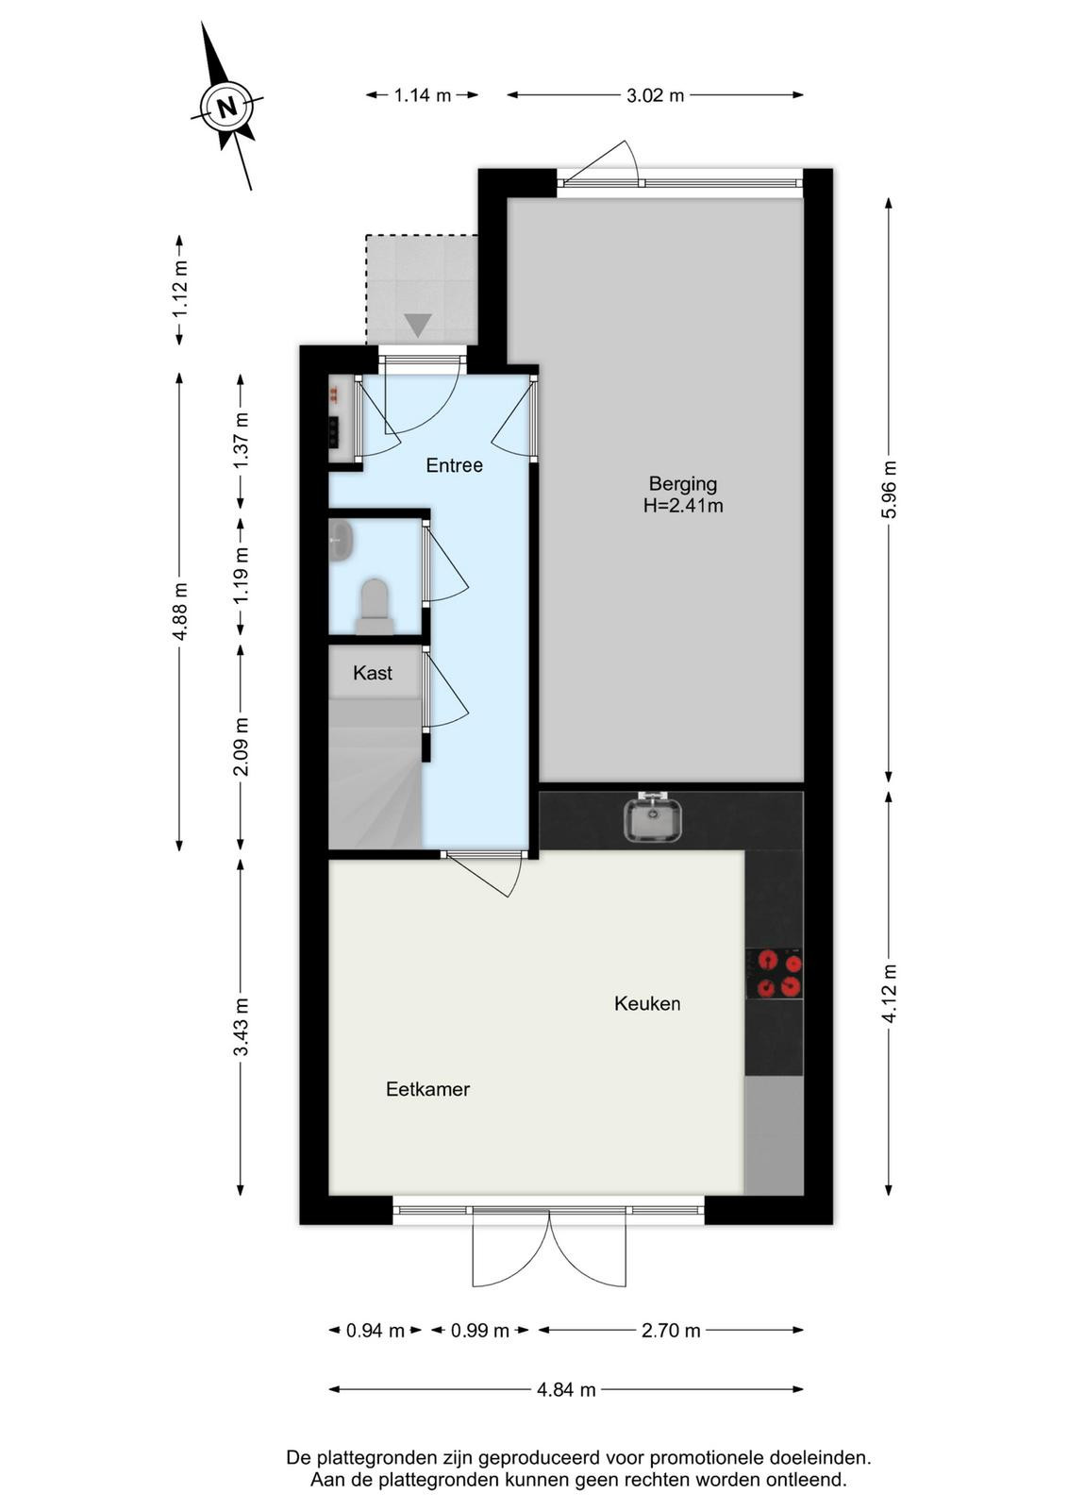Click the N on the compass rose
(x=227, y=107)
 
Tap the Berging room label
(x=682, y=483)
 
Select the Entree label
(x=454, y=465)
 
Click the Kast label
(x=373, y=673)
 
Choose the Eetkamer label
(x=428, y=1089)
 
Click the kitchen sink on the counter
(x=653, y=817)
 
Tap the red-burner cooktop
(x=775, y=973)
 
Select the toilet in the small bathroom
(x=375, y=607)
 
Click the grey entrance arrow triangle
(x=418, y=326)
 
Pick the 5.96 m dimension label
(x=890, y=490)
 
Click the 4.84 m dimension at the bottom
(x=566, y=1389)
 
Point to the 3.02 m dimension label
(x=655, y=95)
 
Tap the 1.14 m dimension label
(x=423, y=95)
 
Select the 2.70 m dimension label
(x=671, y=1331)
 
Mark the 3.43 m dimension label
(x=242, y=1027)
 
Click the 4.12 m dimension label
(x=890, y=994)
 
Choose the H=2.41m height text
(x=682, y=506)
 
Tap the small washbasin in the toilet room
(x=340, y=540)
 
